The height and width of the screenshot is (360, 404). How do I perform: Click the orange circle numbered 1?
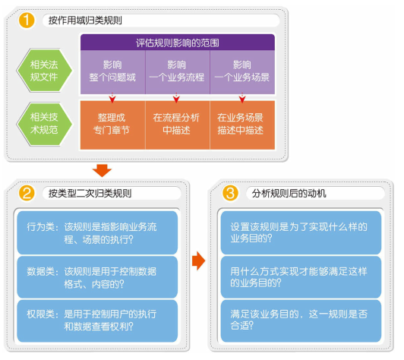pos(27,21)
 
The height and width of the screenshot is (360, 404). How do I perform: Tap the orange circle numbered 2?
pos(27,193)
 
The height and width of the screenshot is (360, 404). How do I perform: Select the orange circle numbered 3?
pos(230,193)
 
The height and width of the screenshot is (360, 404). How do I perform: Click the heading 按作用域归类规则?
pos(85,21)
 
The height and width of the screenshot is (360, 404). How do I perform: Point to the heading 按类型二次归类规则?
pos(90,193)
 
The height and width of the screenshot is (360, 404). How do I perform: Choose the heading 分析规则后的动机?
pos(289,193)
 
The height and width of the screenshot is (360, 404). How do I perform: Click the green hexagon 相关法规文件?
pos(44,71)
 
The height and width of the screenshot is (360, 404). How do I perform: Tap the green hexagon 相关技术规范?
pos(44,124)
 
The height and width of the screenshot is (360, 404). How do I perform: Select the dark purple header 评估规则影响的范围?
pos(178,43)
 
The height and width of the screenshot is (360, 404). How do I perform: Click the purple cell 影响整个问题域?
pos(113,72)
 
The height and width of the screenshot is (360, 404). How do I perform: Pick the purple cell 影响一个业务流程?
pos(178,72)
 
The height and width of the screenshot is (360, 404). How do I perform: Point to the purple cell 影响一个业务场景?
pos(242,72)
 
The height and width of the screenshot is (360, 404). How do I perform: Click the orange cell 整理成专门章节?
pos(113,125)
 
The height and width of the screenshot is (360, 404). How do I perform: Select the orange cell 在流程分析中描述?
pos(178,125)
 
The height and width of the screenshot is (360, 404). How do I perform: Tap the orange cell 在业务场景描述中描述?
pos(242,125)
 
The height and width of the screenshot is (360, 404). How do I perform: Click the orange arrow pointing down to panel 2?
pos(102,171)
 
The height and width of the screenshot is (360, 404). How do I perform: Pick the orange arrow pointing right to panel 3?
pos(199,261)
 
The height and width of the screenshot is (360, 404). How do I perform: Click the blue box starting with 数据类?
pos(97,277)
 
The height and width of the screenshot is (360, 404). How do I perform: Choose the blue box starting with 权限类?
pos(97,321)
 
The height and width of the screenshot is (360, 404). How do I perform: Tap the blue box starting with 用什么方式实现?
pos(301,277)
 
